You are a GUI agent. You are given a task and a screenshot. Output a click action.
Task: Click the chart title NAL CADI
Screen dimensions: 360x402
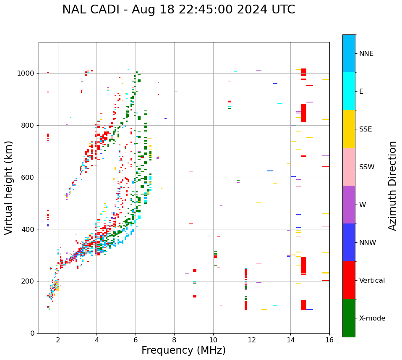tap(178, 10)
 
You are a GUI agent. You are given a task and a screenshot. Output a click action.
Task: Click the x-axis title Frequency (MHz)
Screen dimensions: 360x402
tap(183, 350)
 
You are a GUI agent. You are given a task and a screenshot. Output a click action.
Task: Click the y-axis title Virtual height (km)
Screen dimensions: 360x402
tap(9, 187)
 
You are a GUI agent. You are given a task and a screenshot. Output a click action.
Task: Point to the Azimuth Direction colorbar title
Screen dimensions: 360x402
tap(392, 186)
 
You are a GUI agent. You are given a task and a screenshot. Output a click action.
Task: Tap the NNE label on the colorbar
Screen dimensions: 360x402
tap(366, 54)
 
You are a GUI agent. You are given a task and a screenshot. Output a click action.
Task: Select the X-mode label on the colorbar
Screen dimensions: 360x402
tap(372, 318)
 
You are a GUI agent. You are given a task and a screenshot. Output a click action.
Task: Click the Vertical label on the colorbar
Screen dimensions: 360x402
tap(372, 281)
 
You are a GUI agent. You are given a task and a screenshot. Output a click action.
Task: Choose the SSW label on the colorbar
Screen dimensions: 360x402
tap(367, 167)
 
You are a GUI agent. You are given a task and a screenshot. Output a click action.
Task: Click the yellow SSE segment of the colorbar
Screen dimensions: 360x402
tap(349, 129)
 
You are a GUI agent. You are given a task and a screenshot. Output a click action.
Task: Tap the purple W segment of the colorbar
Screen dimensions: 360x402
tap(349, 205)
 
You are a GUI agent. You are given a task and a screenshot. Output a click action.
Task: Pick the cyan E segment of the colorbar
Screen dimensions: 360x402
tap(349, 91)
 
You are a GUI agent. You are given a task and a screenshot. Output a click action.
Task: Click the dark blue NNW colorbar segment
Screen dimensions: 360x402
tap(349, 242)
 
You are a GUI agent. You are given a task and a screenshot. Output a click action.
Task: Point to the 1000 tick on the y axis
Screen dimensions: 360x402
tap(26, 73)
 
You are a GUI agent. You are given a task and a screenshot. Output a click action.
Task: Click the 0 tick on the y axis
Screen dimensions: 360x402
tap(32, 333)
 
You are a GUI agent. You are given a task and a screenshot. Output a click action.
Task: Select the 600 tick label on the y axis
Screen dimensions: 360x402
tap(28, 177)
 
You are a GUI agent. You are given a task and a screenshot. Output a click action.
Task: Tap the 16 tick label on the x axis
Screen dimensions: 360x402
tap(329, 340)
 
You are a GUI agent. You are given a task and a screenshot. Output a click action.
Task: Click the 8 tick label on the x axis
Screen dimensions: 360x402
tap(174, 340)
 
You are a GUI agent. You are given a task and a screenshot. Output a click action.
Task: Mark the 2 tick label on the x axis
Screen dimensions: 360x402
tap(58, 340)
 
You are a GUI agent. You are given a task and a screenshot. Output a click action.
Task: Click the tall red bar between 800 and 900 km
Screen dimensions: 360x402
tap(303, 113)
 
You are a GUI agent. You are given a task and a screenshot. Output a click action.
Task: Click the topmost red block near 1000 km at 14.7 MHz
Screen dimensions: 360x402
tap(303, 72)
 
